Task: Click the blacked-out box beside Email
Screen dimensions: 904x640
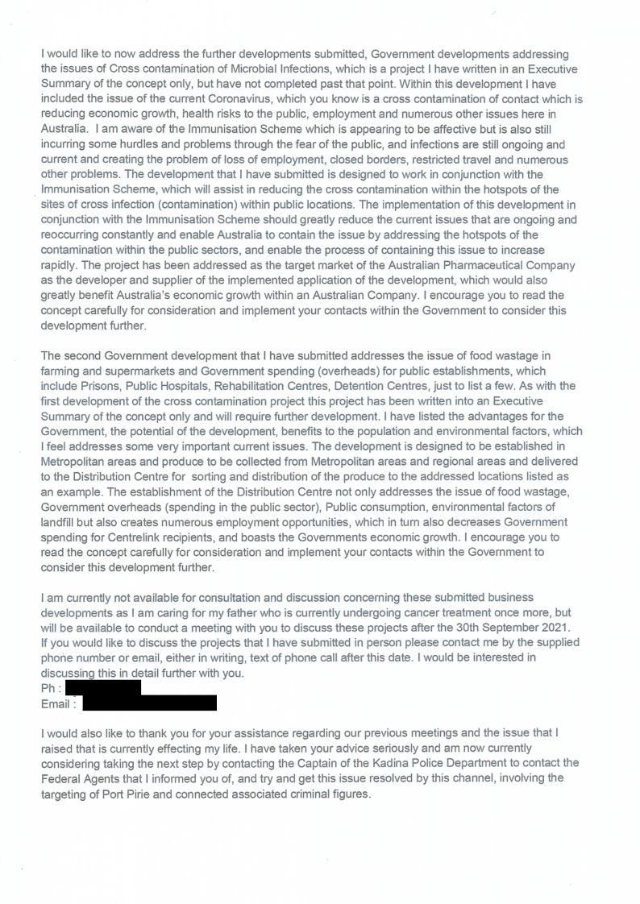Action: point(149,704)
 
